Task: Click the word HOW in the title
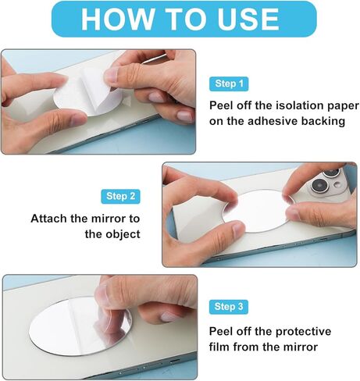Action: (117, 19)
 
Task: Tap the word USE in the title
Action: (248, 19)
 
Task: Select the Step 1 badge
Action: (229, 84)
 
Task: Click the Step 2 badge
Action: (120, 196)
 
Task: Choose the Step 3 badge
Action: (229, 307)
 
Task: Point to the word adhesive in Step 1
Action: (273, 121)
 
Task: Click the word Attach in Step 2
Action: (48, 219)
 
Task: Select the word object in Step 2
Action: (122, 235)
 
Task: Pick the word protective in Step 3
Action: (303, 332)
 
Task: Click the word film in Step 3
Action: (219, 347)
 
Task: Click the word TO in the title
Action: (185, 19)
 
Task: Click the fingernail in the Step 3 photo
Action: (169, 317)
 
